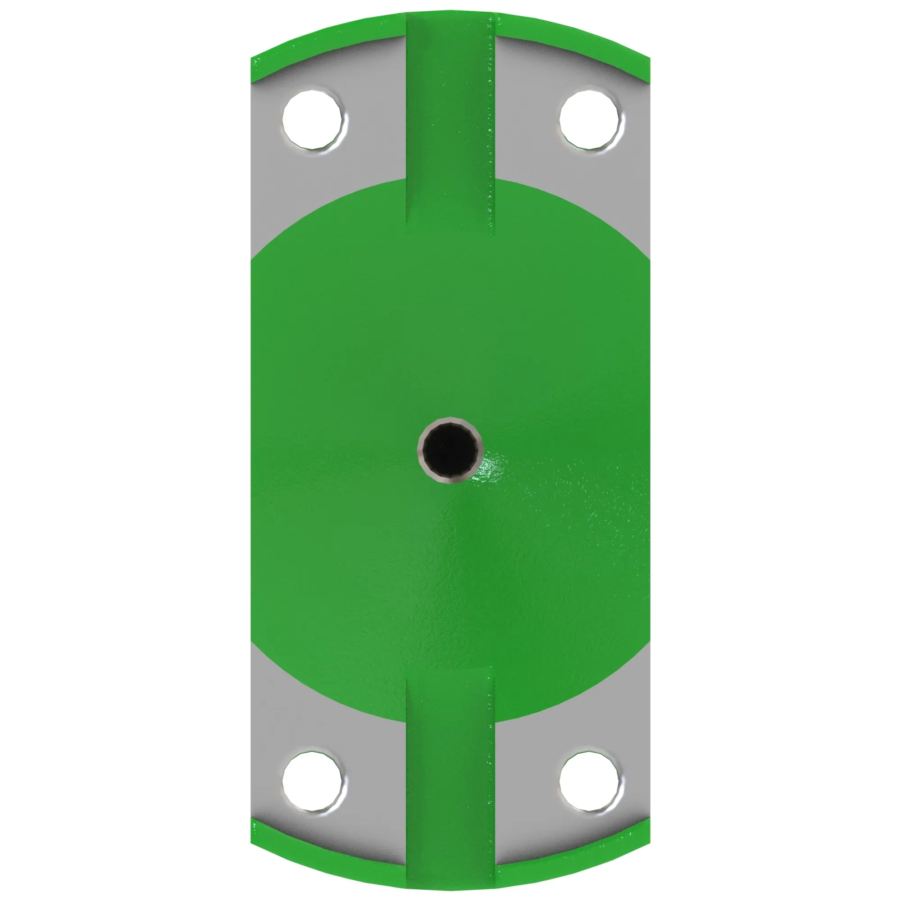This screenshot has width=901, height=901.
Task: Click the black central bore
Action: tap(450, 450)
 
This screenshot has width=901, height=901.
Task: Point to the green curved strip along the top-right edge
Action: tap(573, 37)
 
